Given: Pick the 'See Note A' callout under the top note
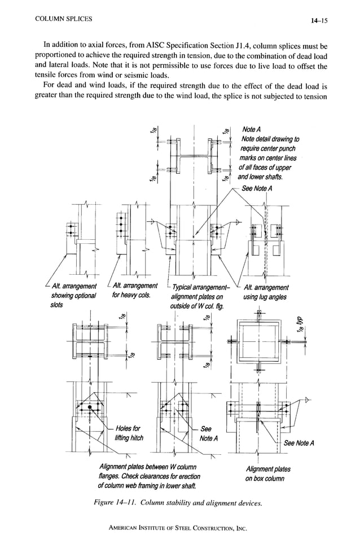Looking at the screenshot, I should [x=257, y=188].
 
